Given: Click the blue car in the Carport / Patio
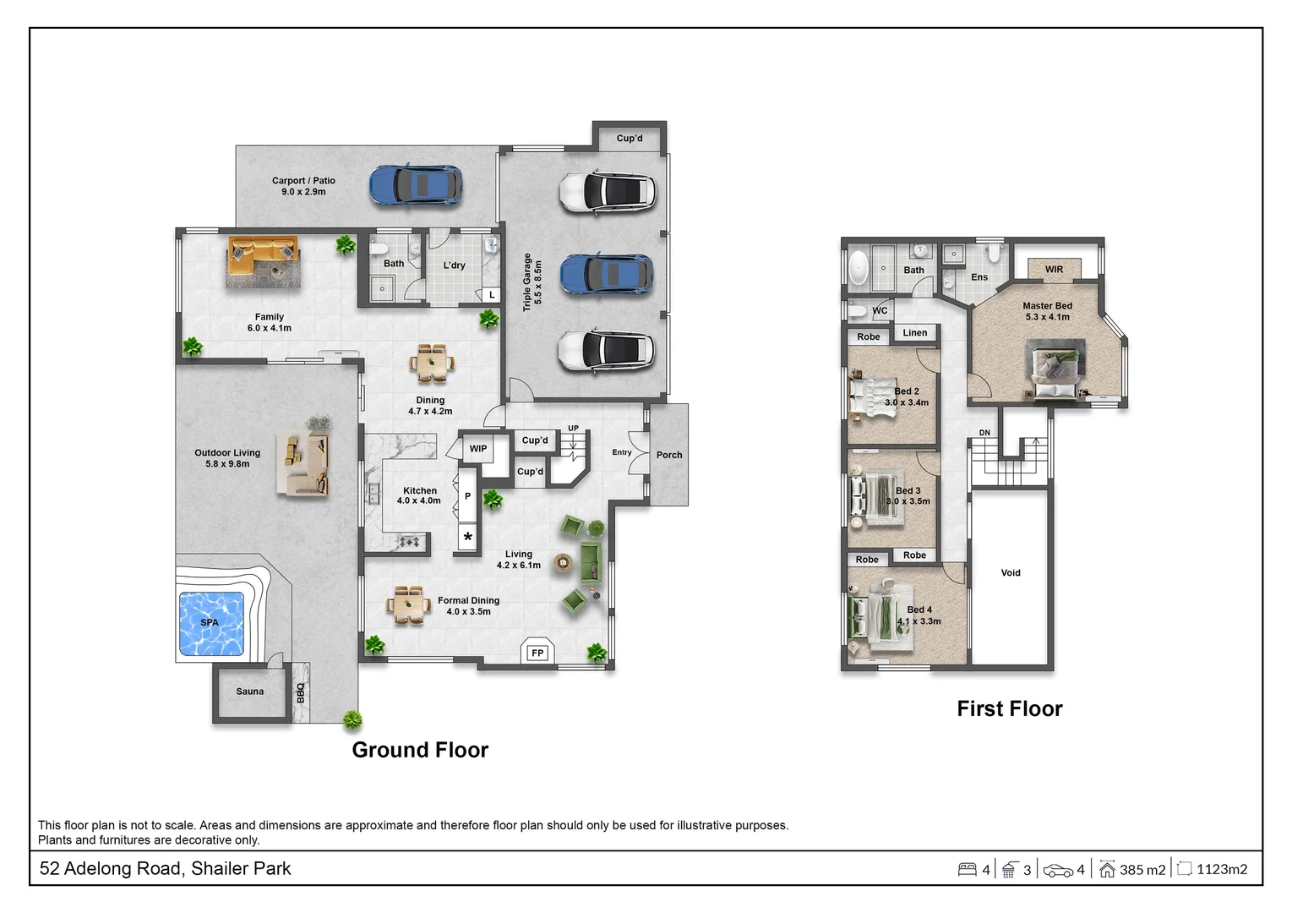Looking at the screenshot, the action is click(x=416, y=185).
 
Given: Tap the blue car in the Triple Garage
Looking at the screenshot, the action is click(x=607, y=275).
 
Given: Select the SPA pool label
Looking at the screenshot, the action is click(x=210, y=623).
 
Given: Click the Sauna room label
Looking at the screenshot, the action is click(x=250, y=692).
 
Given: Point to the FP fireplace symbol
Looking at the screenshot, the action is click(x=537, y=653).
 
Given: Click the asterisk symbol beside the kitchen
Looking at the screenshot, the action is click(x=468, y=538).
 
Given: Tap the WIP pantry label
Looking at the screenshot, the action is click(x=478, y=448).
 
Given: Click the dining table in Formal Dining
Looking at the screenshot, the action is click(x=409, y=605).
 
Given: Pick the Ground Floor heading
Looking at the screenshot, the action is click(x=420, y=750).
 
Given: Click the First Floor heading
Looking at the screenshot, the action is click(x=1010, y=708).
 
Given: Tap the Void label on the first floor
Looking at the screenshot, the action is click(x=1011, y=572).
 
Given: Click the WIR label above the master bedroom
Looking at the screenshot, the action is click(x=1055, y=270).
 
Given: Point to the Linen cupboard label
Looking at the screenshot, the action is click(x=915, y=332).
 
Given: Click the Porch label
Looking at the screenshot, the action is click(x=669, y=455).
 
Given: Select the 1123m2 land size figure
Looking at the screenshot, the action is click(x=1222, y=869).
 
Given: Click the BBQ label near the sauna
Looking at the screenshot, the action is click(x=301, y=693).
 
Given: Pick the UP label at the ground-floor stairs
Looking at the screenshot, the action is click(x=573, y=429).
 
